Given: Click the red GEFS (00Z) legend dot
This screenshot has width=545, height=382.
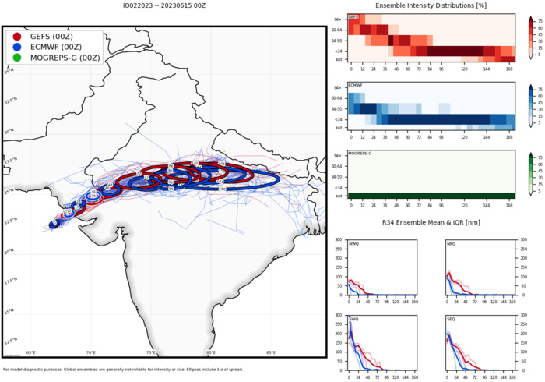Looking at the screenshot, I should pos(17,37).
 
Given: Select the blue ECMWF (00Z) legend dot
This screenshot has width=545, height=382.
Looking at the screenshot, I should pos(17,47).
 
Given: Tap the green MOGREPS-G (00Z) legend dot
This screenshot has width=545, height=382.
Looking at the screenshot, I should pos(17,57).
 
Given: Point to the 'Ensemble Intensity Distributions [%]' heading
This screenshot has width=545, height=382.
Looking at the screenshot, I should pos(431,6).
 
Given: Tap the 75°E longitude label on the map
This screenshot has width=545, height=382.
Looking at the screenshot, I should pos(151,352).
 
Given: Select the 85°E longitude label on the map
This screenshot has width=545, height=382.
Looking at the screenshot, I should pos(271,352).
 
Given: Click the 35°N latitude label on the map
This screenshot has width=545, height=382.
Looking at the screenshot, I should pos(9,72).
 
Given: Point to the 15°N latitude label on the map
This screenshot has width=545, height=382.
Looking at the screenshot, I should pos(9,312).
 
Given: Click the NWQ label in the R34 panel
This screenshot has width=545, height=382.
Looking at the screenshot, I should pos(353,243).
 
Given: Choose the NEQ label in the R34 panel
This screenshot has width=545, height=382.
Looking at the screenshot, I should pos(452,243).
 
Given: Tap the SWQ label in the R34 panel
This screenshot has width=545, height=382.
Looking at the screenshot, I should pos(353,319).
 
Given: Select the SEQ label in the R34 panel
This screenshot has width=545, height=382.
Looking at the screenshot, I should pos(452,319).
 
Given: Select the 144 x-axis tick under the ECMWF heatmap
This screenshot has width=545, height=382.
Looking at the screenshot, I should pos(493,136).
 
